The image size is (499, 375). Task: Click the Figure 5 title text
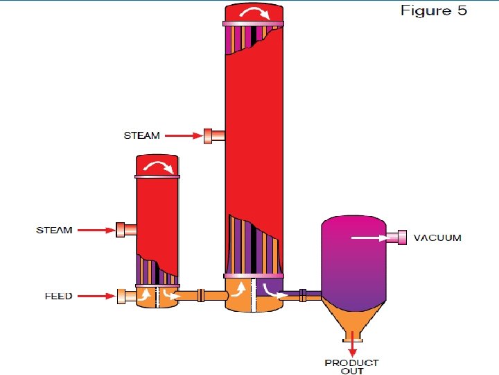(433, 10)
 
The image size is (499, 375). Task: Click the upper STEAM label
(141, 135)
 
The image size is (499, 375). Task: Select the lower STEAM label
(54, 230)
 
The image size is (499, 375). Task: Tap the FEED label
(58, 296)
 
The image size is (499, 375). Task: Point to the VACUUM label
(437, 238)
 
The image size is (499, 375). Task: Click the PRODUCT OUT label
(351, 366)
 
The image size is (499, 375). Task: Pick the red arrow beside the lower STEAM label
(96, 229)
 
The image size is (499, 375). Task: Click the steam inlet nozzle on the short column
(125, 229)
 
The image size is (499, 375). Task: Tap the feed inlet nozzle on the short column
(126, 296)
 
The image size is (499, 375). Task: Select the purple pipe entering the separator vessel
(304, 295)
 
